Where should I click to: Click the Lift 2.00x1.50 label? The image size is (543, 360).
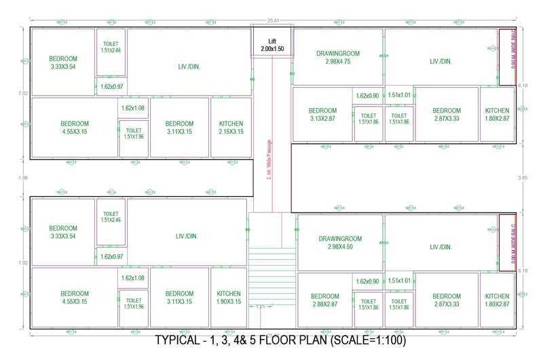pyautogui.click(x=271, y=46)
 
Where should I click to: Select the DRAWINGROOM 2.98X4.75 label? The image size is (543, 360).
pyautogui.click(x=338, y=57)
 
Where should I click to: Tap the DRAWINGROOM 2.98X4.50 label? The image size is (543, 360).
pyautogui.click(x=339, y=242)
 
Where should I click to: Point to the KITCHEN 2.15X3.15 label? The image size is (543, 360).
pyautogui.click(x=231, y=127)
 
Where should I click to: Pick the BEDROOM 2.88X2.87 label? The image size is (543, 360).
pyautogui.click(x=324, y=300)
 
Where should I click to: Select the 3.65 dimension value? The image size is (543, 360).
pyautogui.click(x=522, y=177)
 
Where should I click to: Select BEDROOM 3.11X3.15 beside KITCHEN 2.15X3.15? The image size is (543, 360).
pyautogui.click(x=179, y=127)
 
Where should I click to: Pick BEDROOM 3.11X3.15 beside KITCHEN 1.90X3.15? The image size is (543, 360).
pyautogui.click(x=179, y=297)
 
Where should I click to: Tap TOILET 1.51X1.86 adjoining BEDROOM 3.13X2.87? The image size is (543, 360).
pyautogui.click(x=368, y=118)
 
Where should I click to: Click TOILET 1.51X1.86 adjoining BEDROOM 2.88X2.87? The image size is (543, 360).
pyautogui.click(x=368, y=304)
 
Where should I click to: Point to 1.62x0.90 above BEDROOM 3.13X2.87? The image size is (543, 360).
pyautogui.click(x=367, y=96)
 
